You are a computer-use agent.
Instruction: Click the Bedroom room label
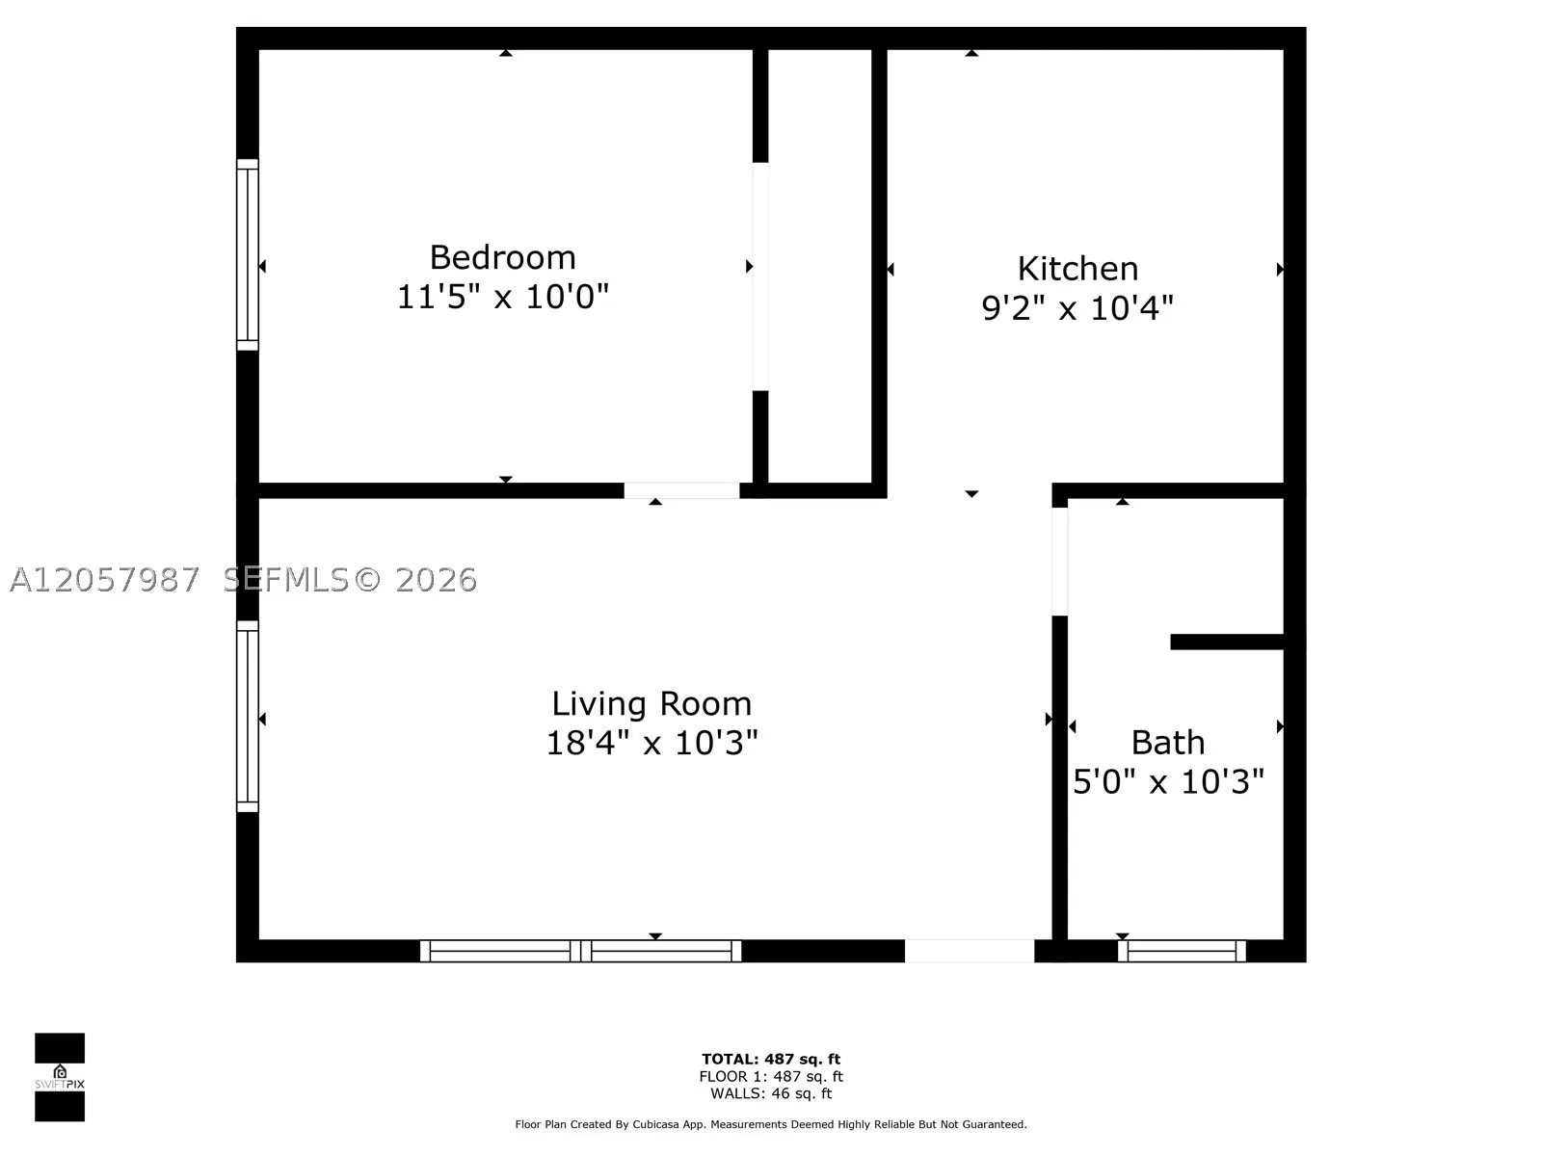pyautogui.click(x=502, y=257)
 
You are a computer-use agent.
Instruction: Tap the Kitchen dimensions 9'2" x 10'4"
pyautogui.click(x=1077, y=308)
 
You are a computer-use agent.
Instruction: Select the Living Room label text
pyautogui.click(x=651, y=704)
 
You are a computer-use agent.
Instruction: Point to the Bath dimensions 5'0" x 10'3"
pyautogui.click(x=1168, y=781)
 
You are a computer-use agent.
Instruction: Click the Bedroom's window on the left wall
pyautogui.click(x=248, y=254)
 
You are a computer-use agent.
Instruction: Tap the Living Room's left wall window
pyautogui.click(x=248, y=716)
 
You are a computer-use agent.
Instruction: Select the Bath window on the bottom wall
pyautogui.click(x=1182, y=951)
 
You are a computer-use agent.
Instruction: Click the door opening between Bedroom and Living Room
pyautogui.click(x=681, y=490)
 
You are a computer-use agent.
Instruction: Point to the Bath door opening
pyautogui.click(x=1059, y=562)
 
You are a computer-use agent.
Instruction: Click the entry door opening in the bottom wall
pyautogui.click(x=970, y=951)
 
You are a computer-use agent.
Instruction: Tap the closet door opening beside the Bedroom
pyautogui.click(x=760, y=276)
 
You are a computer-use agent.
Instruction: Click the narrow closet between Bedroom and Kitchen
pyautogui.click(x=820, y=266)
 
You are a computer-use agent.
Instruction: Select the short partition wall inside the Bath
pyautogui.click(x=1227, y=642)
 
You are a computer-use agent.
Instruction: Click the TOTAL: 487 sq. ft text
pyautogui.click(x=771, y=1059)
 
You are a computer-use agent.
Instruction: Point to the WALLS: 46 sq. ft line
pyautogui.click(x=771, y=1093)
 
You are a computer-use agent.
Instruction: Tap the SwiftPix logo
pyautogui.click(x=60, y=1077)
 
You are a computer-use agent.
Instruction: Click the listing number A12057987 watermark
pyautogui.click(x=105, y=580)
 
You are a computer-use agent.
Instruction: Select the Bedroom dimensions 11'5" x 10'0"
pyautogui.click(x=502, y=297)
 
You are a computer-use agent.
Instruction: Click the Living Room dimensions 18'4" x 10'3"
pyautogui.click(x=651, y=743)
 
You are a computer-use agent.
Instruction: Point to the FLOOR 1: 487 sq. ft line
pyautogui.click(x=771, y=1077)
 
